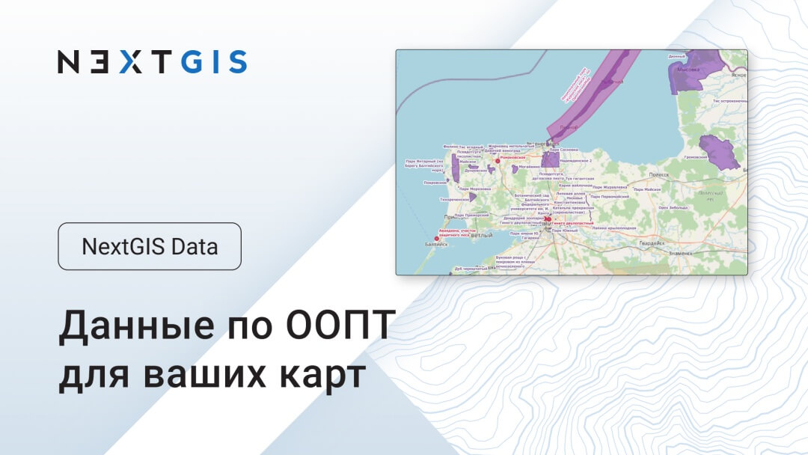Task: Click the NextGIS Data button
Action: [150, 246]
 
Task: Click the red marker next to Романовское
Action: [498, 160]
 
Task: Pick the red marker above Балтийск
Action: [437, 238]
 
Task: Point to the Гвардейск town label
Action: [651, 243]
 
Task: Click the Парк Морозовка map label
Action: [474, 189]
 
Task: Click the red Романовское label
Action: [515, 158]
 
